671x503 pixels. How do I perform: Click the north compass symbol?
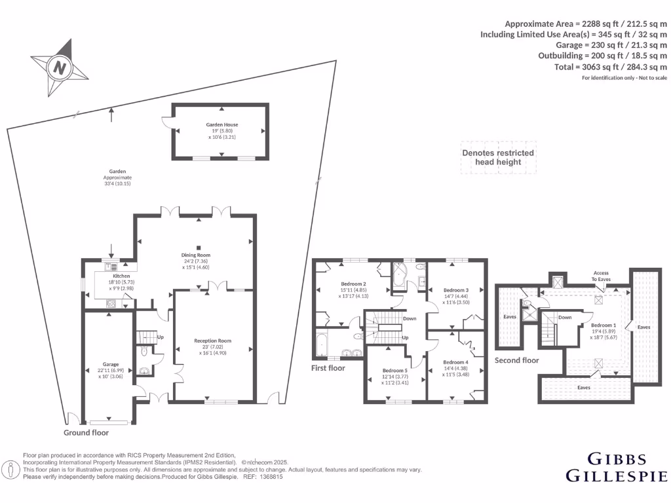[60, 67]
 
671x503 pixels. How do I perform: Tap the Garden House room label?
[221, 124]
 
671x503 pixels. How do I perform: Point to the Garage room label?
[109, 364]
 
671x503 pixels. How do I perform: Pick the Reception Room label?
[212, 341]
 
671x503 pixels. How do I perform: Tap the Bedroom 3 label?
[455, 290]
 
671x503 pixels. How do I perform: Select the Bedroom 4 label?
[455, 362]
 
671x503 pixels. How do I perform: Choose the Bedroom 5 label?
[395, 371]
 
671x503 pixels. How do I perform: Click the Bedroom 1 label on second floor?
[603, 325]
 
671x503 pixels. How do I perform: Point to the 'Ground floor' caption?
[86, 433]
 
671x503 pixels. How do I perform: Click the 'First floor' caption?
[328, 368]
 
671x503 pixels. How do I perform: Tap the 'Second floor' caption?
[516, 360]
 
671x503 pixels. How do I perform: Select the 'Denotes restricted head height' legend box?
[498, 157]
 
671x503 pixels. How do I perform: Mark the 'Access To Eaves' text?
[601, 276]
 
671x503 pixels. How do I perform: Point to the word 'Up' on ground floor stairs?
[160, 337]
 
